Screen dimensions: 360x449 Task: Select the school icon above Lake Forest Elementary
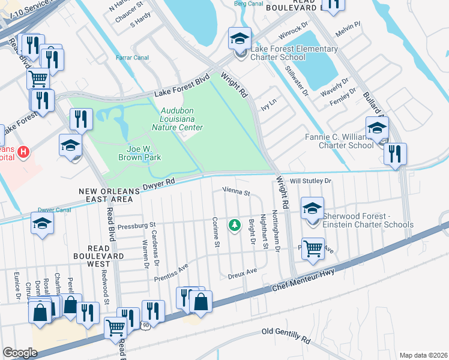point(240,39)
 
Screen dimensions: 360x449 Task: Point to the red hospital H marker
point(23,152)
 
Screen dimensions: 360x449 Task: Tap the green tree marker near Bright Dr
point(234,225)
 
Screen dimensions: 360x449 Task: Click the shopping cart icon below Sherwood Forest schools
point(313,247)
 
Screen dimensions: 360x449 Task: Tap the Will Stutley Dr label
point(311,181)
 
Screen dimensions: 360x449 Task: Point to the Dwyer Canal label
point(55,210)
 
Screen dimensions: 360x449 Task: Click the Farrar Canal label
point(132,58)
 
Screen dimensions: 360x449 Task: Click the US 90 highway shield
point(145,325)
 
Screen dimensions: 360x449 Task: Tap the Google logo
point(20,352)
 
